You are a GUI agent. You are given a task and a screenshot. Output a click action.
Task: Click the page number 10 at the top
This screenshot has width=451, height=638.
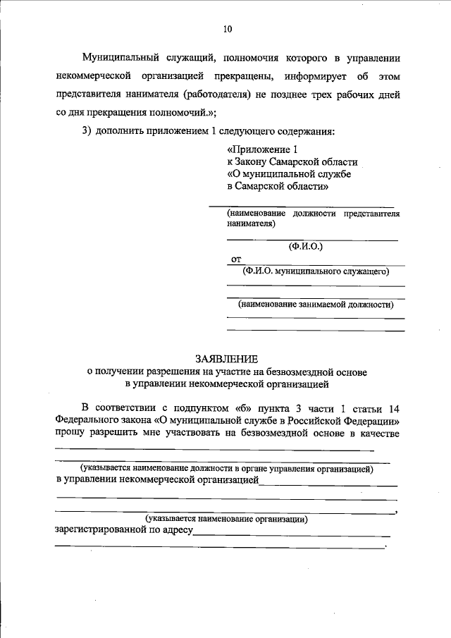[226, 29]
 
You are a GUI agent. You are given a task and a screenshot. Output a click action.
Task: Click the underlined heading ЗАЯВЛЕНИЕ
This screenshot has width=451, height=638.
[226, 358]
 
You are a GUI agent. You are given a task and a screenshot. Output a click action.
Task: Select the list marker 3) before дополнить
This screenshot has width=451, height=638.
[87, 132]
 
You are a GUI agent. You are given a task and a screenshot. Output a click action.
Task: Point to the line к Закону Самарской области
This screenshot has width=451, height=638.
[292, 162]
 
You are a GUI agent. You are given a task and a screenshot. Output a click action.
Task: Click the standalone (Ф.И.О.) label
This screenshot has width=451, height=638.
[305, 247]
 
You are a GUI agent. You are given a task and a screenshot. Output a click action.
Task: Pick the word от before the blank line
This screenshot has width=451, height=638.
[236, 259]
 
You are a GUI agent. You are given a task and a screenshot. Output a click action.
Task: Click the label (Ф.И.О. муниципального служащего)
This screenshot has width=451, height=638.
[315, 270]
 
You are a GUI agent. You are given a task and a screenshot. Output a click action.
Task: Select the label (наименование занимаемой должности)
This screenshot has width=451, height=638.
[315, 305]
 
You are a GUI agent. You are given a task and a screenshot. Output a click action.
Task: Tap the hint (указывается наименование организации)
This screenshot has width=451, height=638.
[226, 519]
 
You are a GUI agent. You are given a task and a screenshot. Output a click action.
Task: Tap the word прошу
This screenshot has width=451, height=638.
[70, 433]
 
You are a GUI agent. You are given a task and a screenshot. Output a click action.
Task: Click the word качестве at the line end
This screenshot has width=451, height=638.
[379, 433]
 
